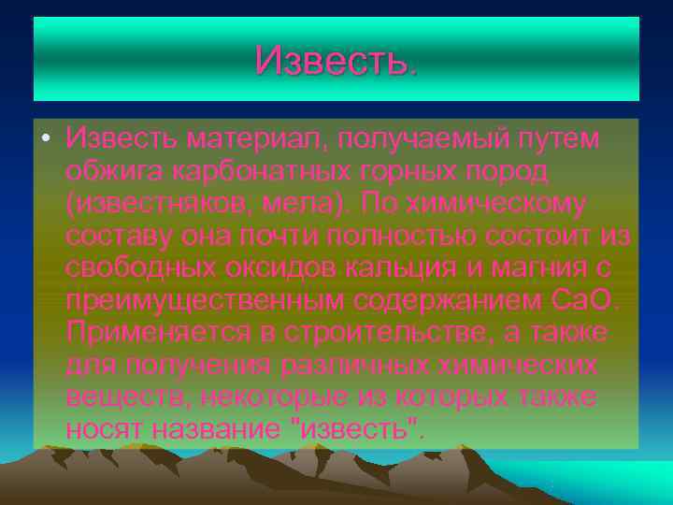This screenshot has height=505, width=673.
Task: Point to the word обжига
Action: click(x=112, y=171)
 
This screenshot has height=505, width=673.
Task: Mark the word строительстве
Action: click(x=352, y=333)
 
